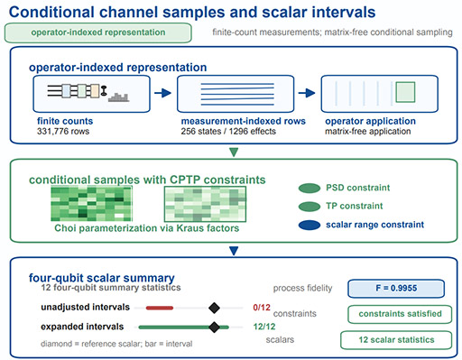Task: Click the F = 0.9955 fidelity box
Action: [396, 289]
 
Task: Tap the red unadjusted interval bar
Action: [160, 308]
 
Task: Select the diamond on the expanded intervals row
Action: [214, 328]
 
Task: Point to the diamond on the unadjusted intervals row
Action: [214, 308]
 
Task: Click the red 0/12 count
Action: [262, 308]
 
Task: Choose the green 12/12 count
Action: [264, 327]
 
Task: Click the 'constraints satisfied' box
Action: [400, 314]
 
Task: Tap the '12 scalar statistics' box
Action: [396, 340]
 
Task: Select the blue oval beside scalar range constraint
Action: [310, 225]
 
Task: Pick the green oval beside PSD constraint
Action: [310, 188]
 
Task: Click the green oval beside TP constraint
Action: [310, 207]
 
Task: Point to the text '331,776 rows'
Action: [63, 132]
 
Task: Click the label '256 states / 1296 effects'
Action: [228, 132]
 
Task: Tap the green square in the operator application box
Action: [405, 92]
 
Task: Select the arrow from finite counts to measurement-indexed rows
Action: [162, 93]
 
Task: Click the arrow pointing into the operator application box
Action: [307, 93]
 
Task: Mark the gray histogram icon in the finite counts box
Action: [119, 97]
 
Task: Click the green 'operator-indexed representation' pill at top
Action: [98, 32]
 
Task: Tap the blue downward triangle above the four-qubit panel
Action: [234, 251]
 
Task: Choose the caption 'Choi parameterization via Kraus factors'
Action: [147, 228]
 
